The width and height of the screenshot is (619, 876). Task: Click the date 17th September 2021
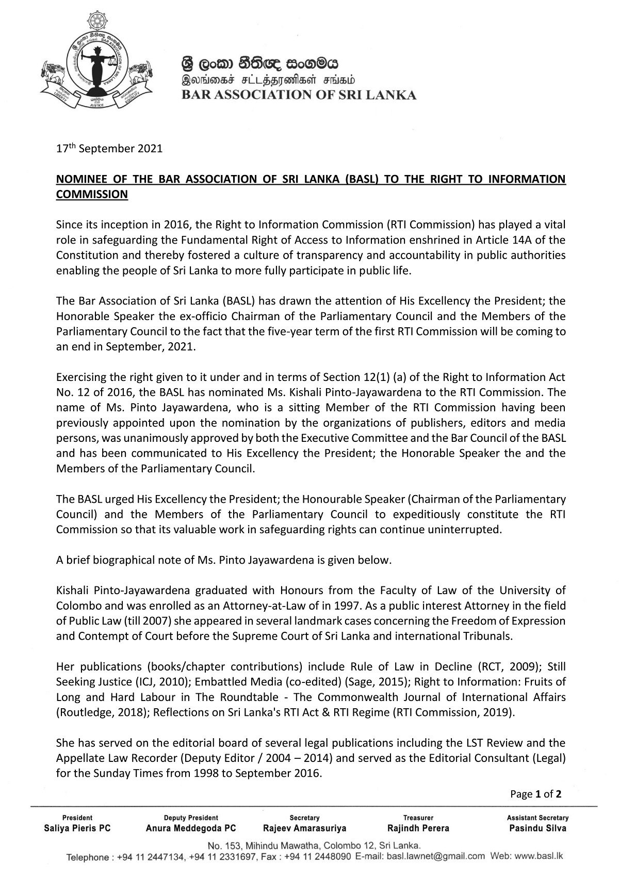109,149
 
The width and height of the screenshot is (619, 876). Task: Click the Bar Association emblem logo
97,61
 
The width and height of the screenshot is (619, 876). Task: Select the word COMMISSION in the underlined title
92,195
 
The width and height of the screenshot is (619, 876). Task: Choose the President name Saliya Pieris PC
77,829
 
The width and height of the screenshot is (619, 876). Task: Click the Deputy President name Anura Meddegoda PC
191,829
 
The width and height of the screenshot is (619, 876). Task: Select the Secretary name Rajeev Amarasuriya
304,829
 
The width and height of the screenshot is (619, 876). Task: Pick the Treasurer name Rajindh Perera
418,829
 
